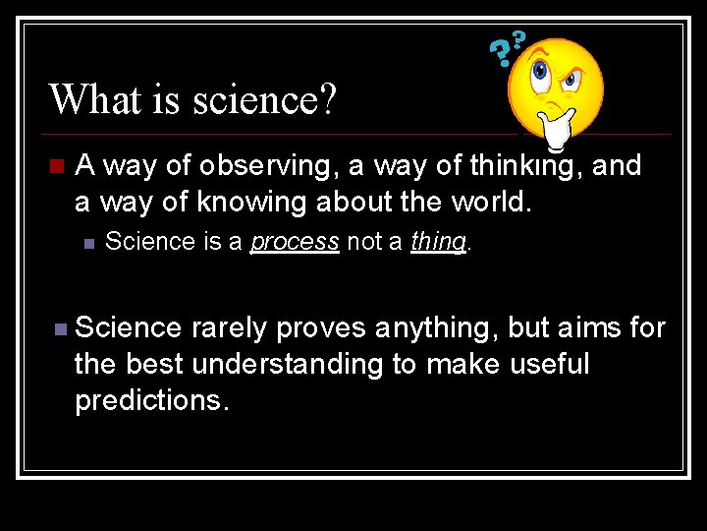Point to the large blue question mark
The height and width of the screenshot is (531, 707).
click(x=500, y=54)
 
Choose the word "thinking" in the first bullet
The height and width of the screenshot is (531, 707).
click(x=525, y=166)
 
